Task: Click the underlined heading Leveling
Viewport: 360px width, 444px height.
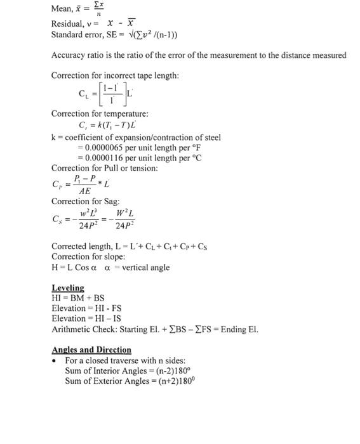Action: click(67, 288)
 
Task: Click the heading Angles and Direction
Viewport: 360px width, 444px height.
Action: click(91, 349)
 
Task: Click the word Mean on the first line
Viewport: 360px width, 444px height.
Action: click(62, 8)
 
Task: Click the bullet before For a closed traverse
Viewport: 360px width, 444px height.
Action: click(56, 360)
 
